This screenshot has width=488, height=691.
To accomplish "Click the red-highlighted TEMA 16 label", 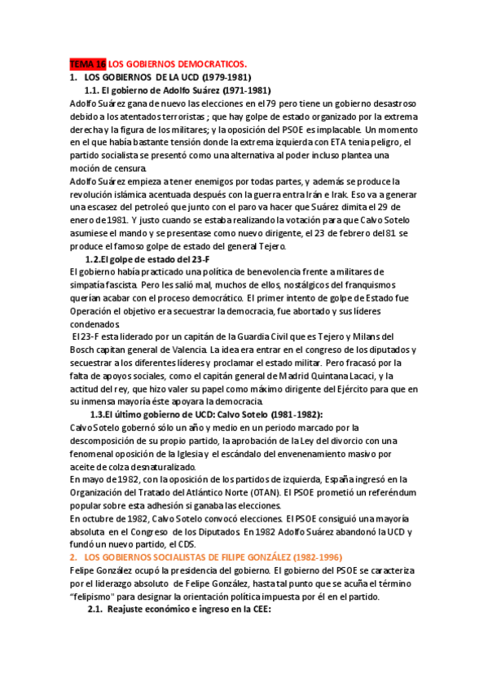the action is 88,64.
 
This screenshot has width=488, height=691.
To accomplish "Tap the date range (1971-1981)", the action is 241,90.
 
